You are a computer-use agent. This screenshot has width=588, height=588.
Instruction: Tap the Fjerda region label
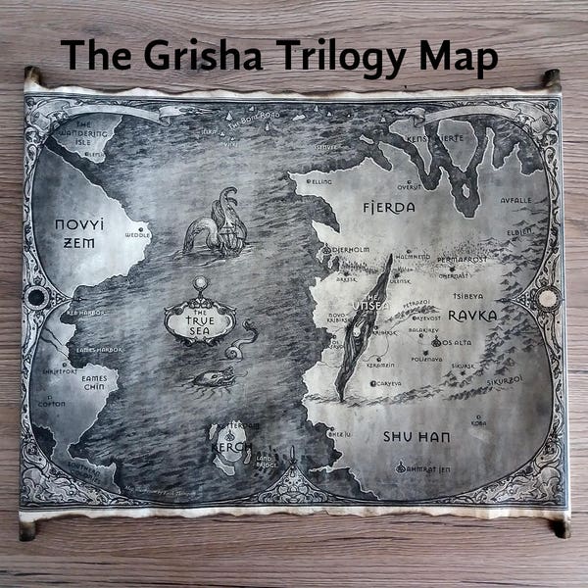(x=388, y=208)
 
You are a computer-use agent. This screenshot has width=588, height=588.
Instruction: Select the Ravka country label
(x=472, y=315)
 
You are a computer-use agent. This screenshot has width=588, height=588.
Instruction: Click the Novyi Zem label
(x=78, y=233)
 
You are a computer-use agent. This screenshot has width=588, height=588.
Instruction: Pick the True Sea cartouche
(x=200, y=316)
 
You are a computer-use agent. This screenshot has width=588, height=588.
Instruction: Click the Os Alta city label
(x=456, y=343)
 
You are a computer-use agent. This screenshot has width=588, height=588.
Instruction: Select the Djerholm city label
(x=348, y=250)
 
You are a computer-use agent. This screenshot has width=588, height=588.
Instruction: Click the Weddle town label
(x=137, y=235)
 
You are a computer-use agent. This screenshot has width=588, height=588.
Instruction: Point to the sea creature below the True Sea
(x=214, y=377)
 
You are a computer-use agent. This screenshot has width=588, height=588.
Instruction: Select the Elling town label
(x=320, y=181)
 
